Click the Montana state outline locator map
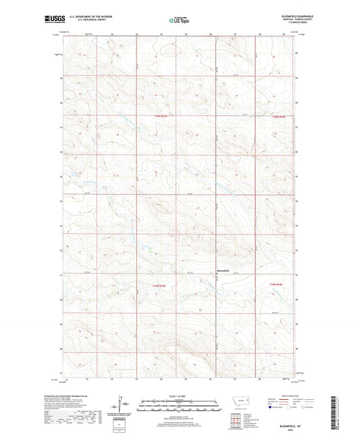coord(239,401)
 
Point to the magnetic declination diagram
coord(122,405)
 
